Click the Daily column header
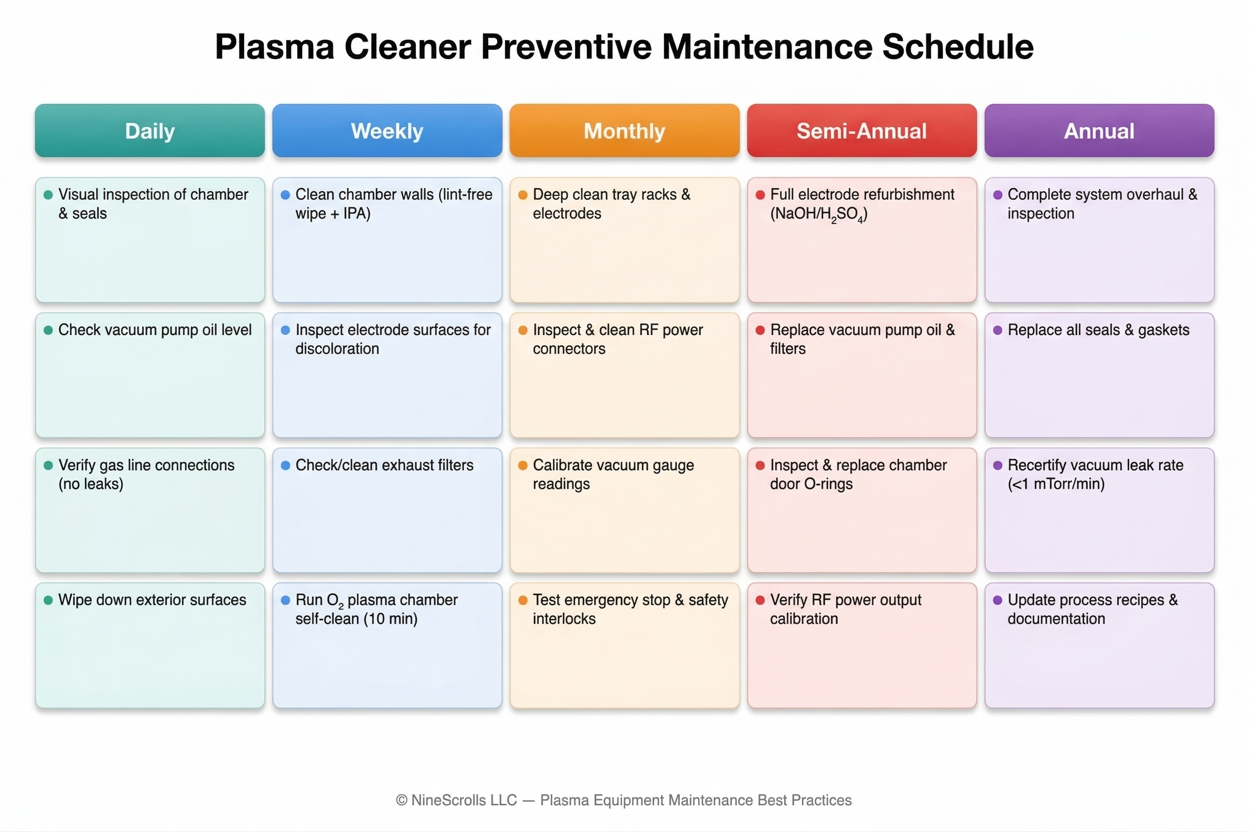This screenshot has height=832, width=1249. tap(150, 131)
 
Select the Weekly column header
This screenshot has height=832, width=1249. tap(387, 131)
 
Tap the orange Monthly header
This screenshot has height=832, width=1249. tap(624, 131)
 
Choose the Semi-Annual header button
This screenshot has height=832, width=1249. tap(861, 131)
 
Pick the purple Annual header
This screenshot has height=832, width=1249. tap(1099, 131)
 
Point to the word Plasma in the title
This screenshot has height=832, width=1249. tap(274, 47)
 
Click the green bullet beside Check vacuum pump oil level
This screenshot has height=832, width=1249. tap(48, 330)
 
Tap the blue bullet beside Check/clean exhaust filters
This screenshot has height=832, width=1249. tap(286, 465)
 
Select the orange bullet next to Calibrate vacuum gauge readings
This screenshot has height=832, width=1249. tap(523, 465)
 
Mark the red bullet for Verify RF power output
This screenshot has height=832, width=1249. tap(760, 600)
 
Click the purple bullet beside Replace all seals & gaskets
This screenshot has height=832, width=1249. tap(998, 330)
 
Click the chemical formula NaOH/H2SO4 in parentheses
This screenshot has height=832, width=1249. tap(819, 214)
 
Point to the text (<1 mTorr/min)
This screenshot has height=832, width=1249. tap(1056, 484)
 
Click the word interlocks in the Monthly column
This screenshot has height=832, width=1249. tap(564, 619)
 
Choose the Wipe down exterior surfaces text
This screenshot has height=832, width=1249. tap(152, 600)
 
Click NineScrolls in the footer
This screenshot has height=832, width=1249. tap(463, 800)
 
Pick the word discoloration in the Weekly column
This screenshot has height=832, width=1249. tap(337, 349)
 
